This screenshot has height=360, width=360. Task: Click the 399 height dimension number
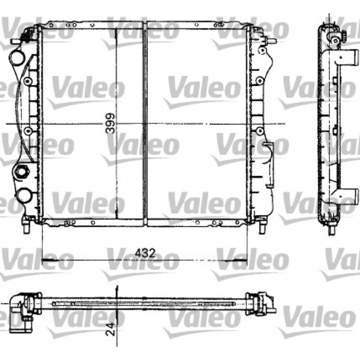tap(110, 123)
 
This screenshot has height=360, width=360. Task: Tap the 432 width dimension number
tap(145, 253)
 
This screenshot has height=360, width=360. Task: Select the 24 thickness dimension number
tap(110, 329)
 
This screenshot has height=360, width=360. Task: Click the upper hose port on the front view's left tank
tap(16, 58)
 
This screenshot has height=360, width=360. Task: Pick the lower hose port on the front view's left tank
tap(24, 195)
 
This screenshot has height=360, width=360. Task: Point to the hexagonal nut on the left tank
tap(21, 171)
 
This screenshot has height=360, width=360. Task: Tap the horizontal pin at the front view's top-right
tap(271, 41)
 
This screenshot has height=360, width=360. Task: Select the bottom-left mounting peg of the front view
tap(27, 227)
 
